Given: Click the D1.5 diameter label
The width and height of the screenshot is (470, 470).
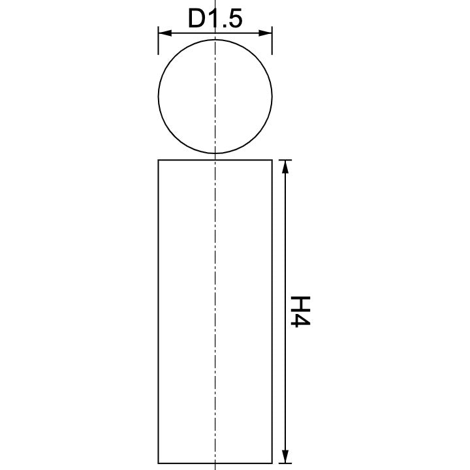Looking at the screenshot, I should (x=215, y=19).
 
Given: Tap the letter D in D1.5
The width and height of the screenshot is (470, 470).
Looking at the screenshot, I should (x=196, y=19).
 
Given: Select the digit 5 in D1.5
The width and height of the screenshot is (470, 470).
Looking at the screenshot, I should (x=235, y=19).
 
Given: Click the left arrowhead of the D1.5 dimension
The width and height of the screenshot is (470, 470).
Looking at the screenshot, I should (x=163, y=33).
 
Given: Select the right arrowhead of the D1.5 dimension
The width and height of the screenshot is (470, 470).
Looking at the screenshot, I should (x=266, y=33).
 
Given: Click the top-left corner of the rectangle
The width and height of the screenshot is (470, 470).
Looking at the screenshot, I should (x=159, y=160).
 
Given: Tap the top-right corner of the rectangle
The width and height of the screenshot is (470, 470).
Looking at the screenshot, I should (x=271, y=160).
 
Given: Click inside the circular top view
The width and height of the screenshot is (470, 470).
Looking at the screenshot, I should (x=189, y=98).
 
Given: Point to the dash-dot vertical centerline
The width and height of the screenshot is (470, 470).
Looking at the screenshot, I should (x=215, y=261).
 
